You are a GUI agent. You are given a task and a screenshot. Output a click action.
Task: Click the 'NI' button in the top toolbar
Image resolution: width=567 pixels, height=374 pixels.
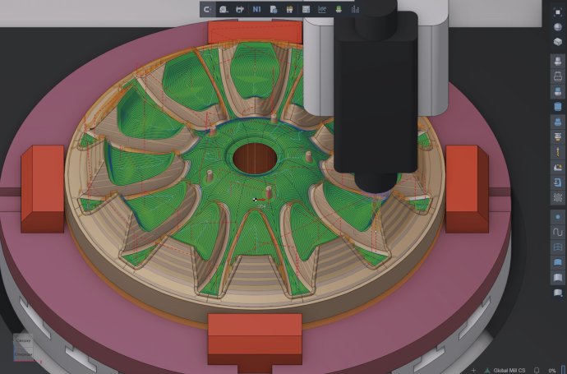[257, 8]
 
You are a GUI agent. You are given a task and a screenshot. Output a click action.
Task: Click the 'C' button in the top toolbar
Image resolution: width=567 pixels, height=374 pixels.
[207, 8]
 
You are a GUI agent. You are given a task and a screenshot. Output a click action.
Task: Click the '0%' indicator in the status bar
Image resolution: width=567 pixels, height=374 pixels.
[554, 369]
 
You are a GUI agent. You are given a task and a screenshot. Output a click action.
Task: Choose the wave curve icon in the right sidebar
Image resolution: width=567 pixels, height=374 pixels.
[558, 233]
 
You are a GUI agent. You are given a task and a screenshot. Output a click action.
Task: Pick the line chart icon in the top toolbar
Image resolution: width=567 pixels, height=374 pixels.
[322, 8]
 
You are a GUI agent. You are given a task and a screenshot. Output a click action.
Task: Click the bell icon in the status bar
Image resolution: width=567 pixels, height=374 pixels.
[537, 369]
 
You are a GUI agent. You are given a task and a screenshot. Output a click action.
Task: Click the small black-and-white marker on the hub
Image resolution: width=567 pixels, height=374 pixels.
[257, 199]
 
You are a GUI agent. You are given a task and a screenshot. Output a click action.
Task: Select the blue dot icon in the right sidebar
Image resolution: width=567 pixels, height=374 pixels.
[558, 216]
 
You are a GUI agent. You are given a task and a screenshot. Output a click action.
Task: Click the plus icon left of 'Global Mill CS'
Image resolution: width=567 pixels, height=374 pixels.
[473, 369]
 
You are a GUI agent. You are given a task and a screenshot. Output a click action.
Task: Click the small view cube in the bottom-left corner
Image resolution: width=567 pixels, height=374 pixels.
[23, 347]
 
